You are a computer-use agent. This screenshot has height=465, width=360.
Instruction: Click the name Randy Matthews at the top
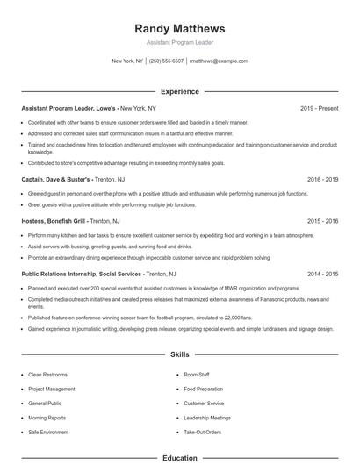[180, 28]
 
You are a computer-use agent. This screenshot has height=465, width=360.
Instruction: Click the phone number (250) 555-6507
[166, 61]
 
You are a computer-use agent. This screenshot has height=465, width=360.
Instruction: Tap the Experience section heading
[180, 91]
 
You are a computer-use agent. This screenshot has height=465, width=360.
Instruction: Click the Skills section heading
[180, 354]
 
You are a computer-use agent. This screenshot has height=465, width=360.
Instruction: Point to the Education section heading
[180, 458]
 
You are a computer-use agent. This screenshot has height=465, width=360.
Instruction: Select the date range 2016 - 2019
[322, 178]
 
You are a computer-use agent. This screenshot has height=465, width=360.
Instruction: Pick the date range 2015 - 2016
[322, 221]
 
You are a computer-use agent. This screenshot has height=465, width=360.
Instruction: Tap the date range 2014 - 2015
[322, 274]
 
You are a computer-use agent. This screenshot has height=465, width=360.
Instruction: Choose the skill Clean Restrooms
[47, 374]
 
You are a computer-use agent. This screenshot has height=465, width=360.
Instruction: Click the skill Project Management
[52, 389]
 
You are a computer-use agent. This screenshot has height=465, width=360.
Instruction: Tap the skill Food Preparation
[203, 389]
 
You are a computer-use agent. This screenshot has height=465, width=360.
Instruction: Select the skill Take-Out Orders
[202, 433]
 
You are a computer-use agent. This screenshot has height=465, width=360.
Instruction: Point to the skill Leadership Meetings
[207, 418]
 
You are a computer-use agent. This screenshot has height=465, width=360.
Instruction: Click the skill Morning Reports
[47, 418]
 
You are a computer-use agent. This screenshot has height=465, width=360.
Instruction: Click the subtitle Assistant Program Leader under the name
[180, 42]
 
